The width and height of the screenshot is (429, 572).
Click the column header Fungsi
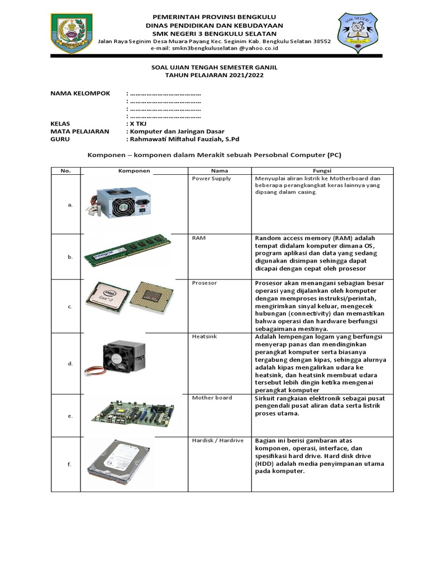321,170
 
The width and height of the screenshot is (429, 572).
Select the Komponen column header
134,170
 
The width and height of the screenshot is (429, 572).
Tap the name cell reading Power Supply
211,179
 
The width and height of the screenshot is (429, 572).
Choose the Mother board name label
212,398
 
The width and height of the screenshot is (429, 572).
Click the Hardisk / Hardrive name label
218,440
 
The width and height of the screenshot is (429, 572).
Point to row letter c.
70,307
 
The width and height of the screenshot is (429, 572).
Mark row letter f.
70,465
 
